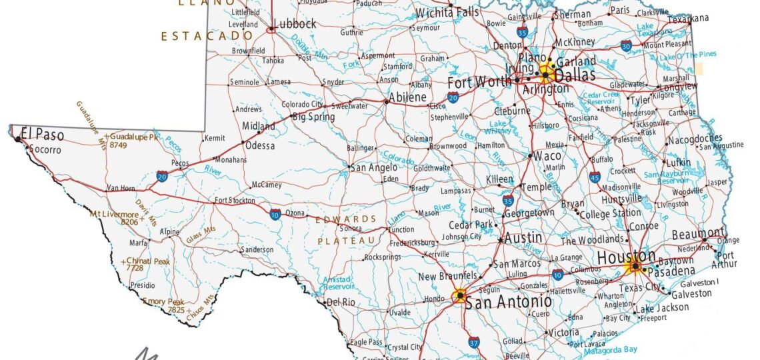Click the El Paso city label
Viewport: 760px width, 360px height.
[x=43, y=135]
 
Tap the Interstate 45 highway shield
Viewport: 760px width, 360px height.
[x=594, y=177]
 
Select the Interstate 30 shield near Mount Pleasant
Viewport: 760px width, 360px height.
[x=625, y=46]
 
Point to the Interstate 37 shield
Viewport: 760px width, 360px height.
[x=474, y=343]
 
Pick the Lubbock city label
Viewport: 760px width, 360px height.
[x=295, y=24]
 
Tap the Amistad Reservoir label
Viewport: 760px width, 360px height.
[x=337, y=283]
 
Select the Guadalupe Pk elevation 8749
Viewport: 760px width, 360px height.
[x=119, y=145]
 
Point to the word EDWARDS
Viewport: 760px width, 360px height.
[x=345, y=219]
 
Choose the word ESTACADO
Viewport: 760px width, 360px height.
[x=207, y=36]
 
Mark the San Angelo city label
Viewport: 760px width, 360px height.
[x=374, y=168]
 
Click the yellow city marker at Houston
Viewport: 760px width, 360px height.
[x=635, y=267]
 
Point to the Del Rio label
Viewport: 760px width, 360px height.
[x=340, y=302]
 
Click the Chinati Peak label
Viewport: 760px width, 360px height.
[x=149, y=261]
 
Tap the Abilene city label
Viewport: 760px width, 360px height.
[x=407, y=97]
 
